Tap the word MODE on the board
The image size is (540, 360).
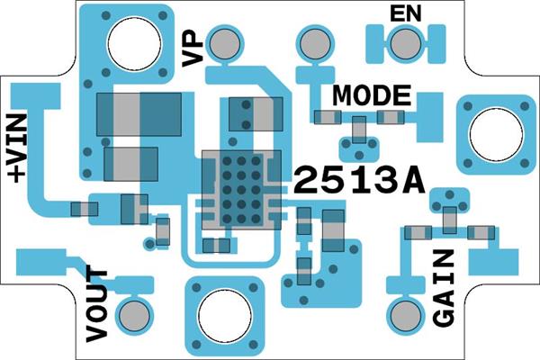tap(372, 94)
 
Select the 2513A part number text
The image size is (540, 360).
tap(358, 181)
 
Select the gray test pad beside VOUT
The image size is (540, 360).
tap(136, 314)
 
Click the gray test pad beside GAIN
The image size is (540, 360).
tap(405, 315)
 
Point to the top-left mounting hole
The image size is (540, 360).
tap(136, 41)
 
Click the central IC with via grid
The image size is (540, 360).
tap(241, 188)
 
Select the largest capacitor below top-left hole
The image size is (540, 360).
tap(139, 115)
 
